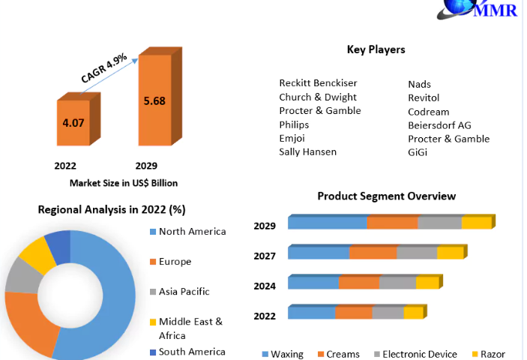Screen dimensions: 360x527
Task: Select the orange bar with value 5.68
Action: [x=154, y=100]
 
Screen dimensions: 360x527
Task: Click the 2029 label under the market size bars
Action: [x=145, y=166]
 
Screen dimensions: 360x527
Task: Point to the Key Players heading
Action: [x=376, y=49]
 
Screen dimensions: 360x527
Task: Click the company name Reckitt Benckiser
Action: [x=318, y=83]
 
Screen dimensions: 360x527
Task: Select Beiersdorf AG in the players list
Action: [x=439, y=125]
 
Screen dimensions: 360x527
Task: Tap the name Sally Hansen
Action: [x=307, y=152]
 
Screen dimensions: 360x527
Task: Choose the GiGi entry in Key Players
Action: [x=418, y=152]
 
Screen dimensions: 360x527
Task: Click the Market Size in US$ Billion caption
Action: [x=124, y=183]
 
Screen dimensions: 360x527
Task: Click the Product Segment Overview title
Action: [x=386, y=196]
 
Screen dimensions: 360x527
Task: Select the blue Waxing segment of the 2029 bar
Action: [x=328, y=223]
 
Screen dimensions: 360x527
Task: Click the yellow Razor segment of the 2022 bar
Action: [x=413, y=313]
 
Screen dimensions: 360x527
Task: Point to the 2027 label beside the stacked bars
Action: [x=265, y=256]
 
